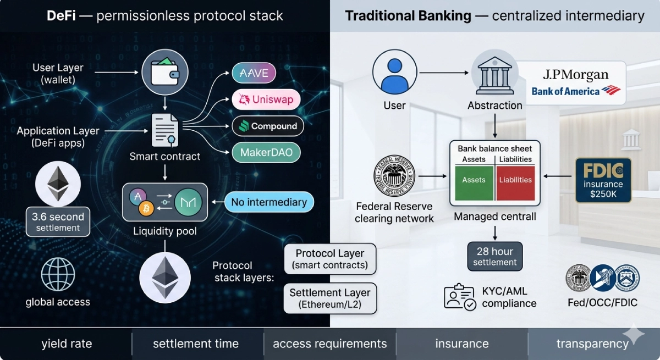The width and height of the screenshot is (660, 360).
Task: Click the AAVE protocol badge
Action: point(254,73)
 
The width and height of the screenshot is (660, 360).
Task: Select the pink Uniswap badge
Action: point(266,99)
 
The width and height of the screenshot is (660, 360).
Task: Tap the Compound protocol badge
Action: point(267,126)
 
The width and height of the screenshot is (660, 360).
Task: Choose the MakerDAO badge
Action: point(266,152)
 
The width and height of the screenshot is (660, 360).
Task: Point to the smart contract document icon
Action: point(165,131)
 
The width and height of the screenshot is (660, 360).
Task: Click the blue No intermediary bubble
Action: point(269,202)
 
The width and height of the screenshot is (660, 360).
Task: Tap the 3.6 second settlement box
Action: point(58,221)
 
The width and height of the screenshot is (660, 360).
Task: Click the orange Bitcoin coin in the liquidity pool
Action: point(146,209)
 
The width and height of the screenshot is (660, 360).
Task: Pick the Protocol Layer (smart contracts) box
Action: point(330,259)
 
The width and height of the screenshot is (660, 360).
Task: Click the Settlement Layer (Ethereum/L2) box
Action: point(330,298)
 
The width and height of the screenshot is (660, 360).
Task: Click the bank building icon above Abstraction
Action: point(494,75)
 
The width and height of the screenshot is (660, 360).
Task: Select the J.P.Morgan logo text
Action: point(576,74)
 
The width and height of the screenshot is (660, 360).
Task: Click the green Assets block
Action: point(474,180)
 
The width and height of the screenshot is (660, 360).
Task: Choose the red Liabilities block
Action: point(515,180)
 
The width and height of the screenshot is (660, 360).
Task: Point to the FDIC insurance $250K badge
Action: point(603,180)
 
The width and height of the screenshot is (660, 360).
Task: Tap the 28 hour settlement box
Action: point(495,256)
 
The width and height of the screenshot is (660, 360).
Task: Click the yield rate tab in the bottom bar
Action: point(67,344)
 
